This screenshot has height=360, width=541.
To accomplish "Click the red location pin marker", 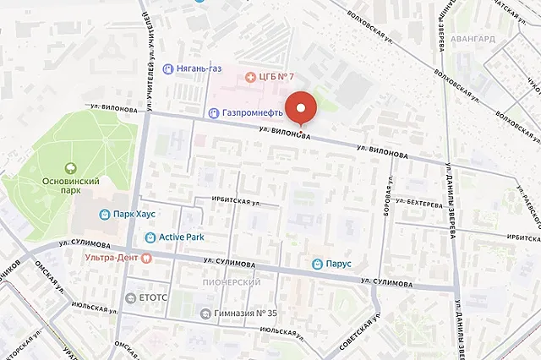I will click(300, 108).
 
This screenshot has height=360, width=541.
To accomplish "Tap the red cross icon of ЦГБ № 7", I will click(249, 77).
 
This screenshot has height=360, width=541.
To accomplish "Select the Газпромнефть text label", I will click(254, 112).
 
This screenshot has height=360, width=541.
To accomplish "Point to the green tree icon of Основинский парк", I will click(71, 166).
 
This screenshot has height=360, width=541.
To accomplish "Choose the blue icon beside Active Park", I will click(150, 237).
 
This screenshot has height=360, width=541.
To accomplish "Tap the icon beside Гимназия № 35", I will click(205, 314).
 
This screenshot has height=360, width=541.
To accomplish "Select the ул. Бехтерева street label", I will click(420, 205).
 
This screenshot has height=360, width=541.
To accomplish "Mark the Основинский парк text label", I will click(71, 187).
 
